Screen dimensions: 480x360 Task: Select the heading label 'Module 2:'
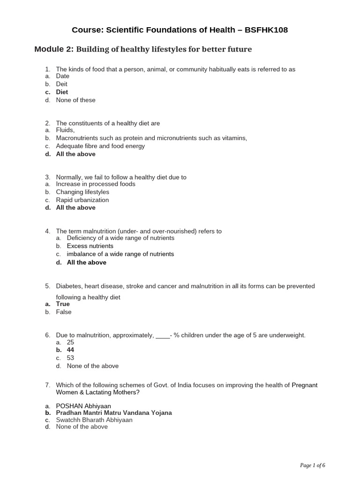(54, 49)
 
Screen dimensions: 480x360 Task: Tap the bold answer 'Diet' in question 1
(62, 92)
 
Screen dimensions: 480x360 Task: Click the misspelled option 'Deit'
(62, 84)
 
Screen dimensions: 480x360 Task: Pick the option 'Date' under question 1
(62, 76)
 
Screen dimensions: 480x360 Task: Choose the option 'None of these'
(75, 100)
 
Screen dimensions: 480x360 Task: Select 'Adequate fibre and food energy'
(100, 146)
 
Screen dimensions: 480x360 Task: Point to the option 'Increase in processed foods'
(96, 184)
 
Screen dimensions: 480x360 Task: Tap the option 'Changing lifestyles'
(82, 192)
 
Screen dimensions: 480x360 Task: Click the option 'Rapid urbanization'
(82, 200)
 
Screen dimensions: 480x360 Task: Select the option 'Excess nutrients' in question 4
(90, 246)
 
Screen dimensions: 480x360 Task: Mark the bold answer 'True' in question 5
(63, 304)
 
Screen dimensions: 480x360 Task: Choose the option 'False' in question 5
(64, 312)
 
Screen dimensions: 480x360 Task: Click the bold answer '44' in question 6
(70, 350)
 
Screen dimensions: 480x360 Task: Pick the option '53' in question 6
(70, 358)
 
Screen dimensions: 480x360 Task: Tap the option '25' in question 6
(70, 343)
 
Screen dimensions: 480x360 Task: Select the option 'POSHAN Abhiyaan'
(83, 405)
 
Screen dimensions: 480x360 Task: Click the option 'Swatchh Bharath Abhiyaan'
(94, 420)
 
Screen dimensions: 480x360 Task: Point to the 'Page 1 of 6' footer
(313, 465)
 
